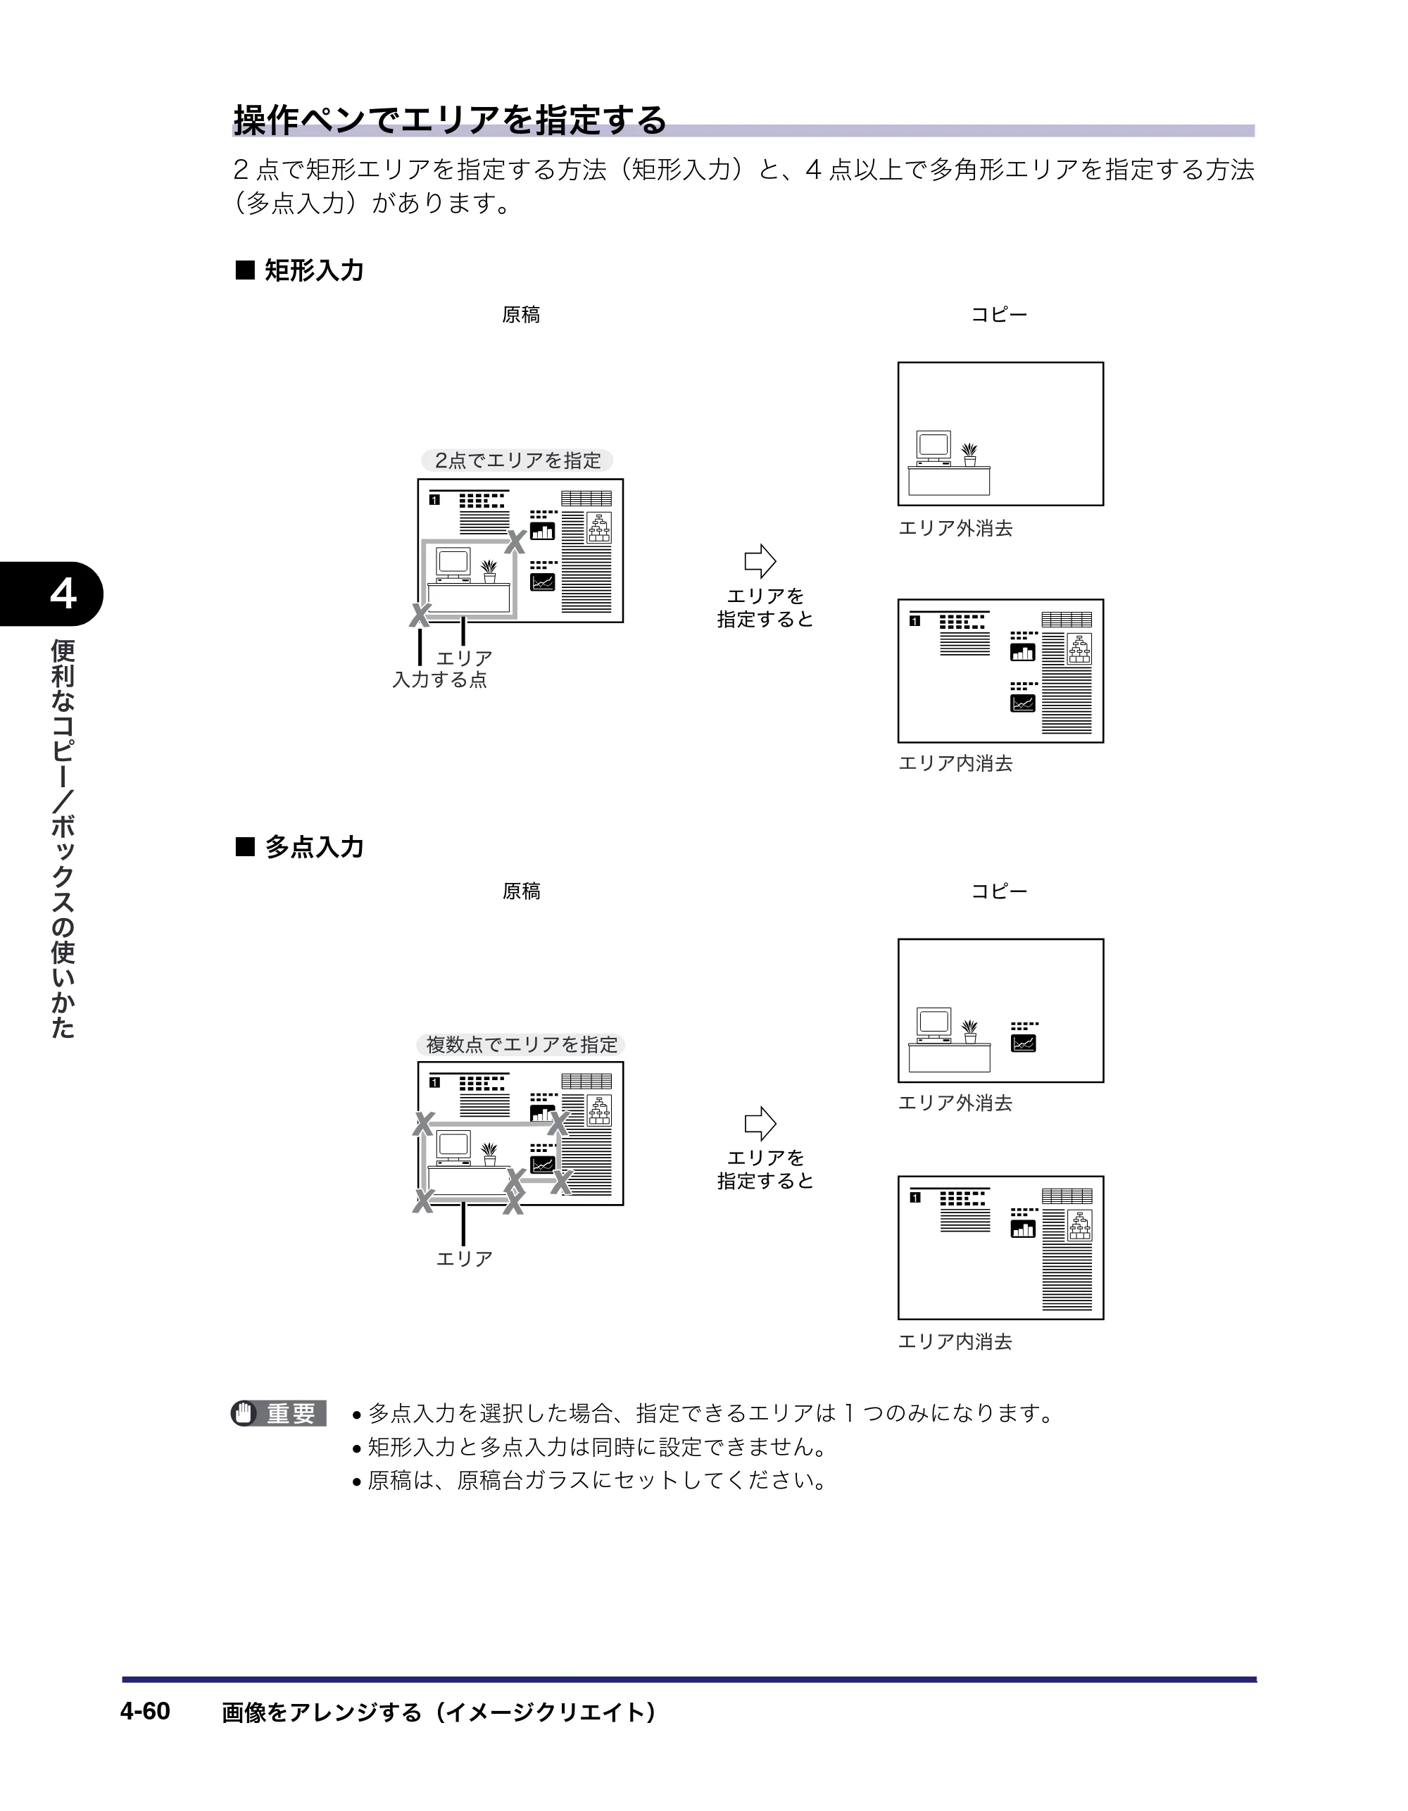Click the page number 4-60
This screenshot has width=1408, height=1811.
click(x=145, y=1711)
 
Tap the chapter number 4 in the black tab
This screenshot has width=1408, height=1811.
click(x=63, y=594)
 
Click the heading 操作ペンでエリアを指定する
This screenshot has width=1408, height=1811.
click(x=449, y=120)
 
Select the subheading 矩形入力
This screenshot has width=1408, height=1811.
click(x=313, y=270)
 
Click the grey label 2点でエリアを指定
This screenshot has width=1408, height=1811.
click(x=517, y=460)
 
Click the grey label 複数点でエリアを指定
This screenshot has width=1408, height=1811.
click(x=521, y=1045)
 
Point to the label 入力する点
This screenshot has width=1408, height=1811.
click(x=439, y=680)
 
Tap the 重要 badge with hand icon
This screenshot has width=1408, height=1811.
click(x=279, y=1413)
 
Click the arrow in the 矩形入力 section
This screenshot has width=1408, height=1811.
click(x=760, y=561)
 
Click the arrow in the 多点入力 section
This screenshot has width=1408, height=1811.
click(x=760, y=1124)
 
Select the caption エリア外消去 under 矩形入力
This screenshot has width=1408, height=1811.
click(x=955, y=528)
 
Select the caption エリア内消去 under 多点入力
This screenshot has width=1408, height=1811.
click(x=955, y=1341)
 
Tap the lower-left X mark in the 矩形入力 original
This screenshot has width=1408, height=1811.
click(x=420, y=615)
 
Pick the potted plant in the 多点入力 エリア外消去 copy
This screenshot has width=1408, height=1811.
click(x=969, y=1032)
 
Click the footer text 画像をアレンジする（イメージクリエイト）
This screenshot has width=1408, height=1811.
click(x=439, y=1712)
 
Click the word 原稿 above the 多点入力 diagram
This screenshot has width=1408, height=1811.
click(x=522, y=891)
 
